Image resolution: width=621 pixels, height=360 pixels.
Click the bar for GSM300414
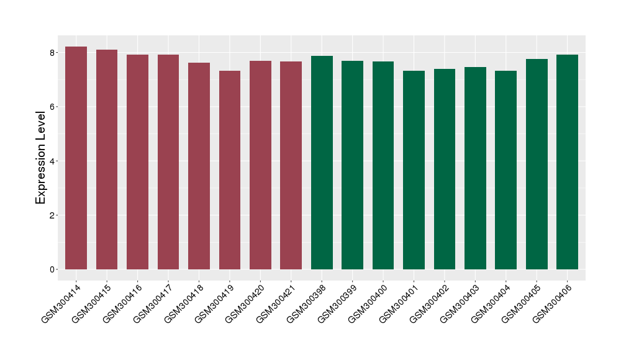pyautogui.click(x=76, y=158)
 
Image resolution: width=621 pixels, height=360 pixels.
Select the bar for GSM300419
pyautogui.click(x=230, y=170)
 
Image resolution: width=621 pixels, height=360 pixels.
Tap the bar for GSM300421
pyautogui.click(x=291, y=165)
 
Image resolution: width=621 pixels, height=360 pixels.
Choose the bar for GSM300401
pyautogui.click(x=414, y=170)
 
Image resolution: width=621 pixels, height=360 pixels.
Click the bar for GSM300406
pyautogui.click(x=567, y=162)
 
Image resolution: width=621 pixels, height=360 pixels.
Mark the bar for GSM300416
pyautogui.click(x=137, y=162)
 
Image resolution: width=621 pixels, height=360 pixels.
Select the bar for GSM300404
pyautogui.click(x=505, y=170)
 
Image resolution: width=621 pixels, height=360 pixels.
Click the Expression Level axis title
pyautogui.click(x=41, y=158)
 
